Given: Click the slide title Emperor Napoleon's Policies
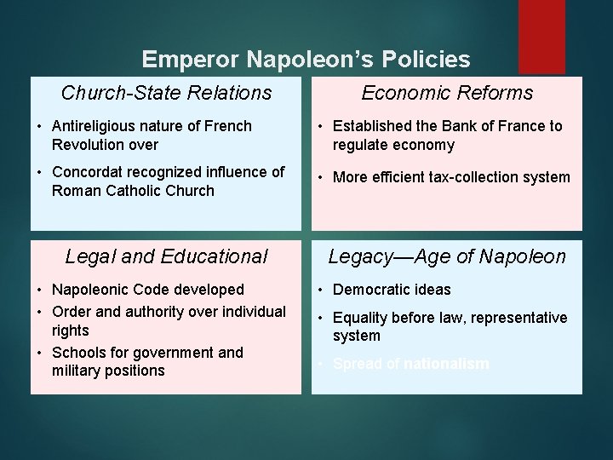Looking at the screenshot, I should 306,59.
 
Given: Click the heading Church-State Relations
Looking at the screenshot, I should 166,93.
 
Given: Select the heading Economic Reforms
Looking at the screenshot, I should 447,93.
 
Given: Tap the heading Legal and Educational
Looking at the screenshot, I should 166,256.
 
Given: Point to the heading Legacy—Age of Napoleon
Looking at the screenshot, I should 447,256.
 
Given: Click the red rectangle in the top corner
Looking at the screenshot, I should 541,36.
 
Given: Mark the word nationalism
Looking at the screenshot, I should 446,365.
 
